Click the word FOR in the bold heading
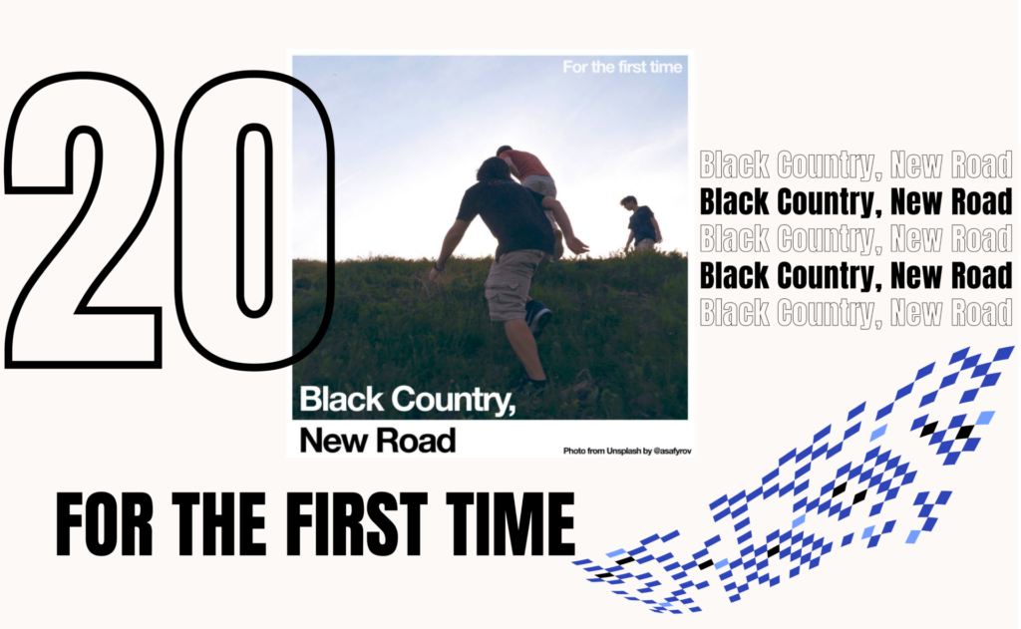(104, 524)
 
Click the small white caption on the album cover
(622, 67)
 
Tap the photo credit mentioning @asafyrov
(627, 451)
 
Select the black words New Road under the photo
(378, 441)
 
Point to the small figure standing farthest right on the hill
(641, 222)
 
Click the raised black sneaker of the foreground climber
(538, 316)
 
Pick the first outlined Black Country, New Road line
(855, 164)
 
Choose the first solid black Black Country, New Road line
(855, 201)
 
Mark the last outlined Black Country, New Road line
(855, 313)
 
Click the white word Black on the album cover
(342, 399)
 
